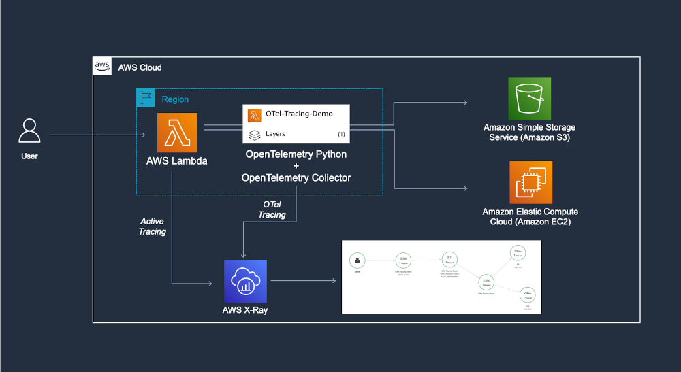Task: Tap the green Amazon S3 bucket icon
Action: [x=529, y=98]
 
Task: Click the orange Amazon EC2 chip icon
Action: [x=529, y=182]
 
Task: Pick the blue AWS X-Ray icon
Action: [x=245, y=281]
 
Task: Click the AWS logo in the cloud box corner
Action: [x=102, y=66]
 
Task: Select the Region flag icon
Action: [x=146, y=99]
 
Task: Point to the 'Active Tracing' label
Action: [x=153, y=226]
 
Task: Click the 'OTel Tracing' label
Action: [x=272, y=209]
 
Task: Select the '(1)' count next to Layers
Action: [x=341, y=134]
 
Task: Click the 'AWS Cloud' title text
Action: [x=140, y=68]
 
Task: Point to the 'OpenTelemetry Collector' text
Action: [x=296, y=177]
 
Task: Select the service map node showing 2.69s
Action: [x=486, y=283]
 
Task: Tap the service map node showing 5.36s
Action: [x=403, y=260]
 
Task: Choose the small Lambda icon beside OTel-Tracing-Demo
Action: [x=255, y=115]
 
